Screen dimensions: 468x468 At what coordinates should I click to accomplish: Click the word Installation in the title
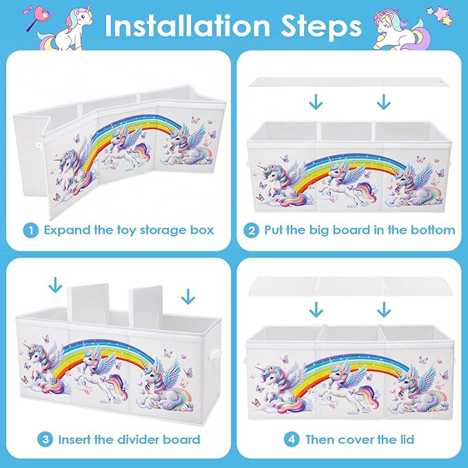[x=187, y=26]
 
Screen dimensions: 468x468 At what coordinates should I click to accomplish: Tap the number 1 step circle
[x=31, y=230]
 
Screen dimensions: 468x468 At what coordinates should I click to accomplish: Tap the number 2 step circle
[x=252, y=230]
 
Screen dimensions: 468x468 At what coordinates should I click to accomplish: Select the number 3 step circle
[x=45, y=439]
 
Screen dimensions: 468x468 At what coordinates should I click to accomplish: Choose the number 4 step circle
[x=292, y=439]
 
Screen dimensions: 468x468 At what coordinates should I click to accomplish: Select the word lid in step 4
[x=407, y=439]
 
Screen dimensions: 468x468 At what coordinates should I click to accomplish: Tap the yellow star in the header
[x=447, y=21]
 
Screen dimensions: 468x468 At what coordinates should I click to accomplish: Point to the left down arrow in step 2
[x=316, y=102]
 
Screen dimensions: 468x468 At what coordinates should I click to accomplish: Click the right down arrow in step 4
[x=384, y=309]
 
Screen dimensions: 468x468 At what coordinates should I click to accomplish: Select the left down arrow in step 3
[x=55, y=285]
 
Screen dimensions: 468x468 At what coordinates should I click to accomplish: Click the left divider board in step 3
[x=88, y=303]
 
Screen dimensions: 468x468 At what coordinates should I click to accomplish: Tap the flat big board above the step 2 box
[x=349, y=82]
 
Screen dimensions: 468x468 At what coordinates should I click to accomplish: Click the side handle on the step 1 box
[x=38, y=145]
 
